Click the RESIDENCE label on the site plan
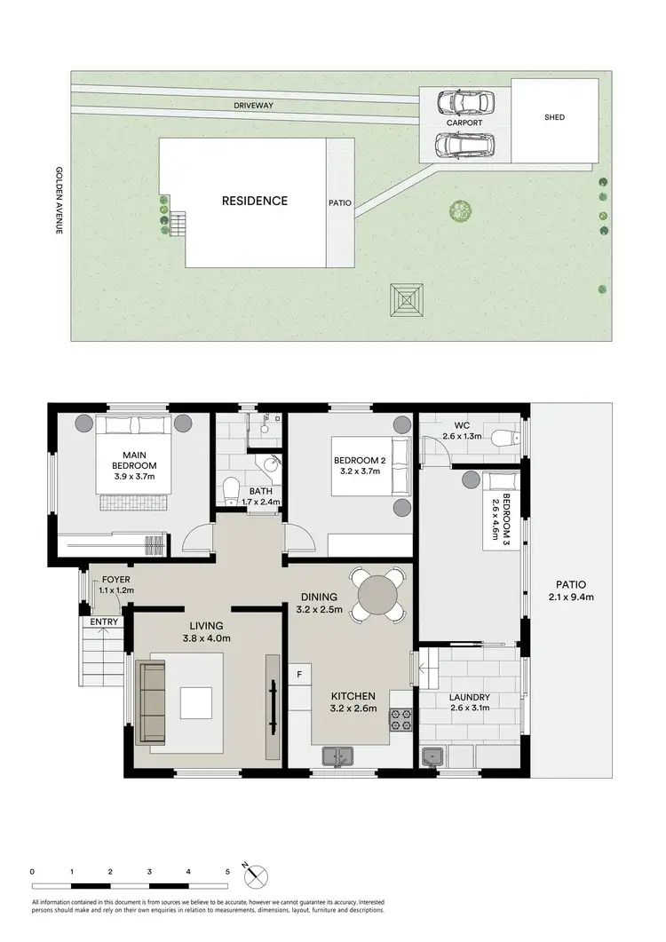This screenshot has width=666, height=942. [254, 201]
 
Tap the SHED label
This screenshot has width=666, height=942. [553, 117]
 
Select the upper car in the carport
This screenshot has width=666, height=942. [457, 104]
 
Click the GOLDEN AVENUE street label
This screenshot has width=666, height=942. [59, 201]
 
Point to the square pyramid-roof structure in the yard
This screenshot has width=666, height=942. [407, 299]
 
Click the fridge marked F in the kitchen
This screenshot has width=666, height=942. [300, 674]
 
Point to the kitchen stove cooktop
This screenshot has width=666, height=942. [400, 719]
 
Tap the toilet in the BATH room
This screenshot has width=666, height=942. [230, 489]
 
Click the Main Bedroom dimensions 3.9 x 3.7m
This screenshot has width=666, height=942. [134, 477]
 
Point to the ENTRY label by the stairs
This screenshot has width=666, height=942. [104, 621]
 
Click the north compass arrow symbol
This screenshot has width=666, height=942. [258, 875]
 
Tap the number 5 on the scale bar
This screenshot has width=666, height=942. [227, 873]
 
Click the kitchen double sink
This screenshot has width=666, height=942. [337, 756]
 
